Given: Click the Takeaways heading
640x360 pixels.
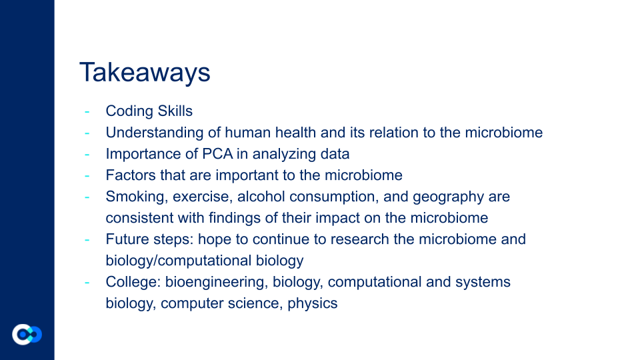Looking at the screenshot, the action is point(145,72).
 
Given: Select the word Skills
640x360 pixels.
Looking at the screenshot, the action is point(175,111).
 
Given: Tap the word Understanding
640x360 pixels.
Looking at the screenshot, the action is point(154,133).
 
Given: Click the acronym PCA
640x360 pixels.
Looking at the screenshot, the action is point(217,154).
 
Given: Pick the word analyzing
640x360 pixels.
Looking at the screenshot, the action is point(280,154).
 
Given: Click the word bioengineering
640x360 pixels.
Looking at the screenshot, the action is point(216,282).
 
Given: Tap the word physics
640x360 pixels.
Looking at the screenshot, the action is point(312,304).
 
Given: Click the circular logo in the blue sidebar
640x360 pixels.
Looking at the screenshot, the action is point(27,335).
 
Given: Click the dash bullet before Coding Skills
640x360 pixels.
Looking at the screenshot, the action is point(87,111).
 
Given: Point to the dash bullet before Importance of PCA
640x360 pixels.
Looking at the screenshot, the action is point(87,154).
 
